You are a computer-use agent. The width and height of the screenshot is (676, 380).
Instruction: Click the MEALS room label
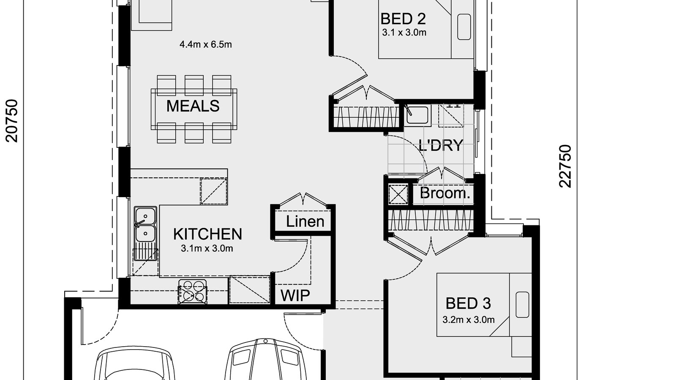tap(193, 106)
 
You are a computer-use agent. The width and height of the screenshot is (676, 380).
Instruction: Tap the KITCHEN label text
tap(207, 234)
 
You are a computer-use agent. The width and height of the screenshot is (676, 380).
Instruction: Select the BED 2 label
tap(403, 19)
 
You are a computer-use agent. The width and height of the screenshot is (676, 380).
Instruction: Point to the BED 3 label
tap(468, 303)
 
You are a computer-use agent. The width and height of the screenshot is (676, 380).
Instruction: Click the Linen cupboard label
tap(305, 221)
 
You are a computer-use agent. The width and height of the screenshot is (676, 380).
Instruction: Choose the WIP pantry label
tap(295, 296)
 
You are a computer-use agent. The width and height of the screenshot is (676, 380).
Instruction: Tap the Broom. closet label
tap(444, 193)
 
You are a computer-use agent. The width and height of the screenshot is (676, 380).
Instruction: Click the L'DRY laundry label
tap(441, 145)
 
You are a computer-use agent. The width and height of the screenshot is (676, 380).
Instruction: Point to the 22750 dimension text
tap(565, 166)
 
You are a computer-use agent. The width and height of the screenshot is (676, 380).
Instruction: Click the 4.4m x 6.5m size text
tap(205, 44)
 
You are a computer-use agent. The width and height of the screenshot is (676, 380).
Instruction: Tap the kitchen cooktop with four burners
tap(193, 291)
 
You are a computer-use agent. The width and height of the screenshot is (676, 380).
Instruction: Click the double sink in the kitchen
tap(145, 224)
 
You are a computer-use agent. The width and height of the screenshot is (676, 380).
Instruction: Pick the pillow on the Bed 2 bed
tap(464, 27)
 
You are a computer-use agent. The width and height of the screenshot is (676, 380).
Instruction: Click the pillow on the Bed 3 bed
tap(522, 304)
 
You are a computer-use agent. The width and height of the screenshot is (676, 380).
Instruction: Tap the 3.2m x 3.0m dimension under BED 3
tap(468, 320)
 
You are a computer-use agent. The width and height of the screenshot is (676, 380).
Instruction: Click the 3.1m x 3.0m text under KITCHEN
tap(207, 249)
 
